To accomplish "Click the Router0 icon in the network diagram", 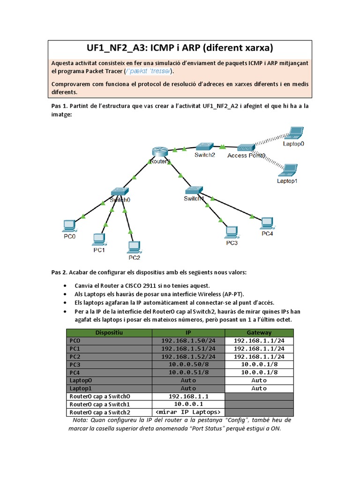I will click(x=159, y=152).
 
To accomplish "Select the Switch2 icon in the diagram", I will click(x=204, y=146).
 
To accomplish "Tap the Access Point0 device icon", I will click(x=245, y=148).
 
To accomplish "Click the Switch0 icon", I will click(x=119, y=192).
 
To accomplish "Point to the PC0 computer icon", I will click(x=69, y=225).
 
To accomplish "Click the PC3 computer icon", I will click(x=231, y=232).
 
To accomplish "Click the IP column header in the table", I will click(x=188, y=332).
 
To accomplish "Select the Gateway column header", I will click(x=259, y=332).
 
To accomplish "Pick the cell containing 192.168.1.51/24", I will click(x=188, y=349).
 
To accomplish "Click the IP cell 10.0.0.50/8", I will click(x=188, y=364).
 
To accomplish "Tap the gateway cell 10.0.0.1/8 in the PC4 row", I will click(x=259, y=372).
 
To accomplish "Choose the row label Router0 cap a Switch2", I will click(x=99, y=412).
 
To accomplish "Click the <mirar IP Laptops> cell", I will click(x=188, y=412).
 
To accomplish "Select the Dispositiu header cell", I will click(x=109, y=332).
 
